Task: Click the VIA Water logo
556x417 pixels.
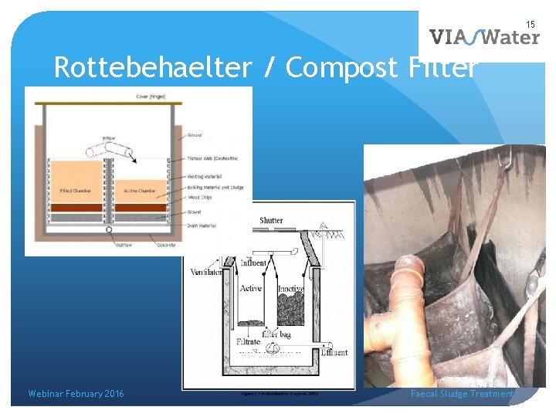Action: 484,37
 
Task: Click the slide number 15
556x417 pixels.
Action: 531,25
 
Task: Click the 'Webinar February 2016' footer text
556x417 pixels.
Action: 76,394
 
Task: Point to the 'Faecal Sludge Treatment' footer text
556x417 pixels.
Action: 462,394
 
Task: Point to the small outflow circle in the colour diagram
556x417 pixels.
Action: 109,229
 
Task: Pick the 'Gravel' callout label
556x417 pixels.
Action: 195,211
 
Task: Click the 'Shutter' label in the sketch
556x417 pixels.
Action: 271,221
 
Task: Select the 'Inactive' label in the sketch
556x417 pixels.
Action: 290,289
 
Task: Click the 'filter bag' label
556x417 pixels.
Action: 276,334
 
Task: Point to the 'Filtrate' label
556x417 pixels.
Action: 249,341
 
